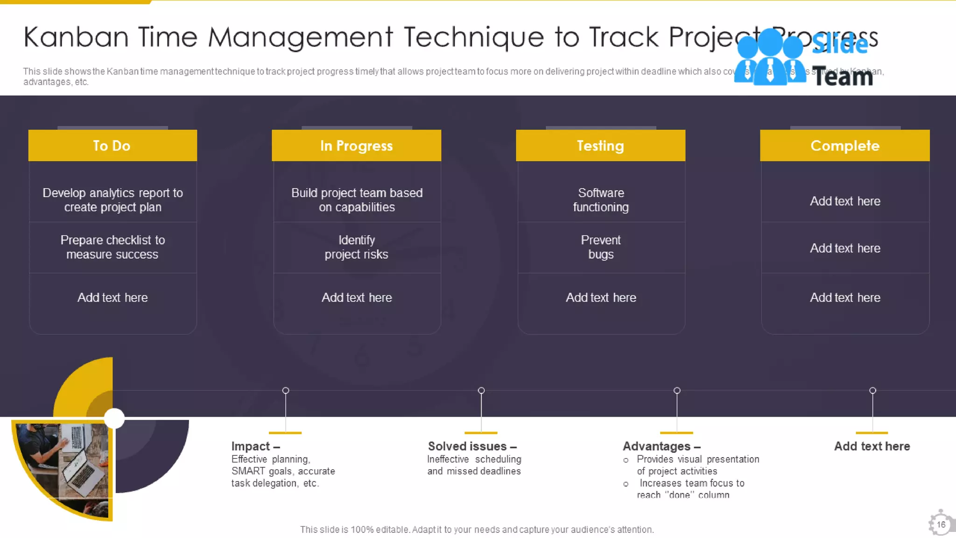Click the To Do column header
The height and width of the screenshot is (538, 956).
[112, 146]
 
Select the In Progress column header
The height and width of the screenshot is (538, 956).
[356, 146]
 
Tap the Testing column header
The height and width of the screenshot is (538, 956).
[600, 146]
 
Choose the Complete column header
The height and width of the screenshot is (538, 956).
[844, 146]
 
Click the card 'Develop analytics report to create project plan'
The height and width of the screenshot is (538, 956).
[112, 200]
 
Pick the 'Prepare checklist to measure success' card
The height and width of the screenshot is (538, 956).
[112, 247]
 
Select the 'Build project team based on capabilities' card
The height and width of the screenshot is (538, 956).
[357, 200]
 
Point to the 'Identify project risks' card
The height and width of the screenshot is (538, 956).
[357, 247]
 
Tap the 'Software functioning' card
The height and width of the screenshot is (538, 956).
[601, 200]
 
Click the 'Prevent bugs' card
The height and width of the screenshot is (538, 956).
[601, 247]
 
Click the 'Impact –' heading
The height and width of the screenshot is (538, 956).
[255, 446]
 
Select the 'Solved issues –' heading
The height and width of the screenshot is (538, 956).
[472, 446]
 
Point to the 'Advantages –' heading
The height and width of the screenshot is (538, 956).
[661, 446]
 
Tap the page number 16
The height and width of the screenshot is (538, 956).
[941, 524]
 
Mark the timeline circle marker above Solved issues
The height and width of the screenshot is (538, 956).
[481, 390]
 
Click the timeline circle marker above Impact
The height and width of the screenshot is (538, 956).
[286, 390]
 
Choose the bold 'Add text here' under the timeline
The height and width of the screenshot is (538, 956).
[872, 446]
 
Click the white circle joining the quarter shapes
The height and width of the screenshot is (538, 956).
[114, 418]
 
